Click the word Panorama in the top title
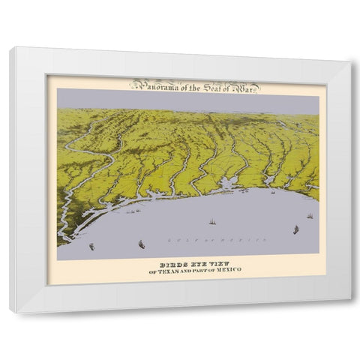click(151, 85)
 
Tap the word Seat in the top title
click(203, 85)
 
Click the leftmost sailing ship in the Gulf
click(91, 245)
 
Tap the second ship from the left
click(141, 242)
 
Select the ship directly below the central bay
click(211, 221)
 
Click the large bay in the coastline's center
click(226, 184)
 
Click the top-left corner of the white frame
click(10, 48)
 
